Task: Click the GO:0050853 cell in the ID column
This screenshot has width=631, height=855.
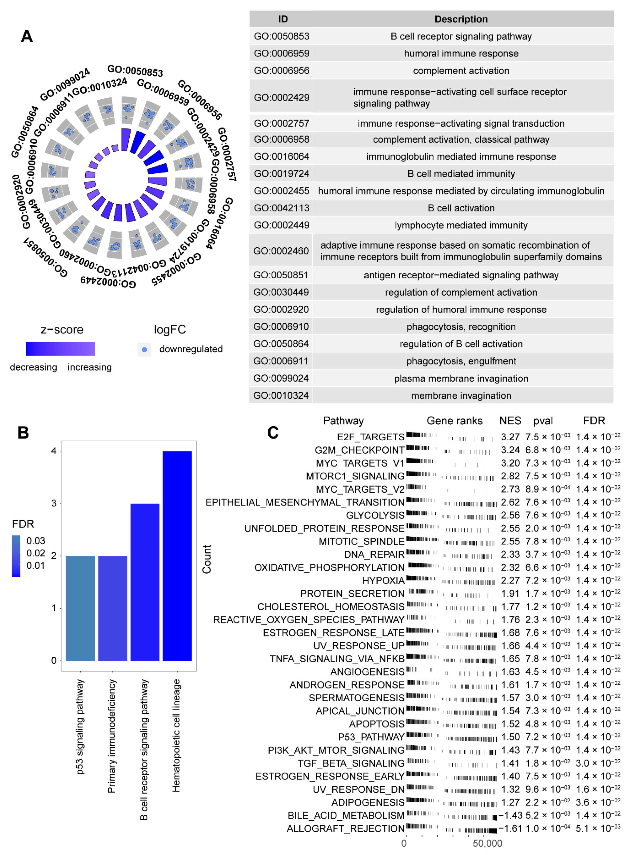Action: (x=281, y=36)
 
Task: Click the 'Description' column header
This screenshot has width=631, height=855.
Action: (x=461, y=19)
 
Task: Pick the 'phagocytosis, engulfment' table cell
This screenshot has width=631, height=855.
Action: (x=461, y=361)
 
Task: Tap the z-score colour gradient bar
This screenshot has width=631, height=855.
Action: (x=60, y=349)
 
